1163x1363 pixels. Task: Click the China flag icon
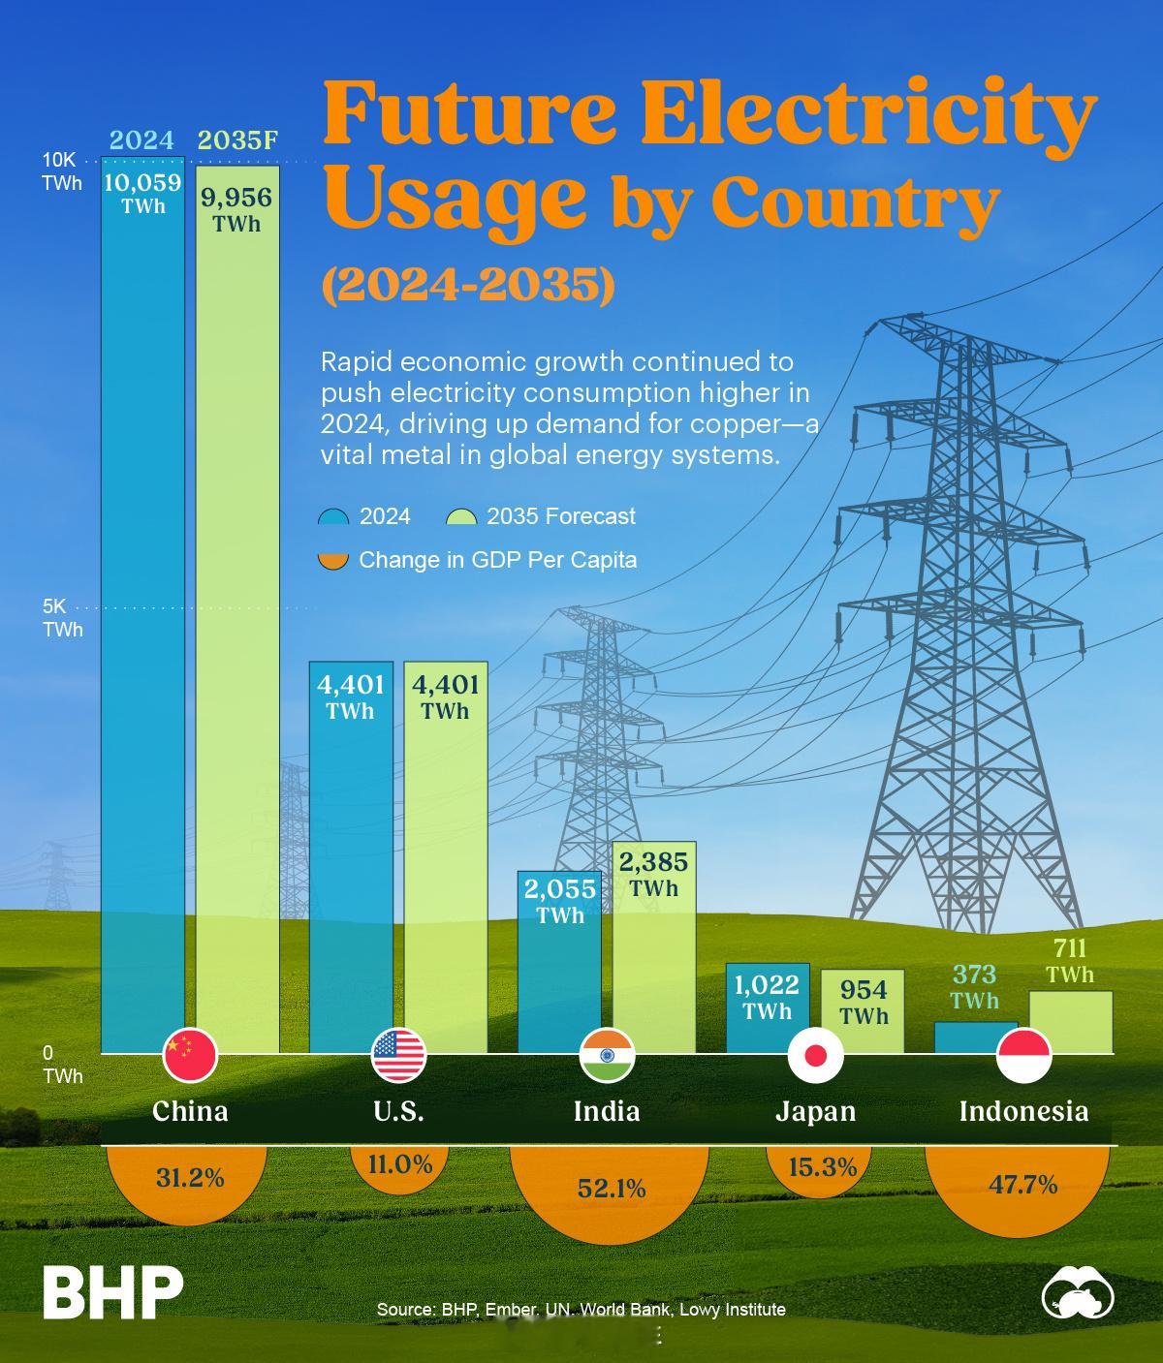pos(190,1055)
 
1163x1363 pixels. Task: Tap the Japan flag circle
pos(815,1055)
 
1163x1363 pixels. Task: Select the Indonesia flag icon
pos(1023,1055)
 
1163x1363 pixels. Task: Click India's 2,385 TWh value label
pos(653,874)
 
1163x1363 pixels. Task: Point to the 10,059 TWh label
pos(142,193)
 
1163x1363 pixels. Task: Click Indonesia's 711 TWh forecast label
pos(1069,961)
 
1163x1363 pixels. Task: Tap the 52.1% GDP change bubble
pos(611,1189)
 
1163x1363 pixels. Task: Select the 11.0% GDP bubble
pos(399,1163)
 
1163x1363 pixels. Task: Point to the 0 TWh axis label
pos(60,1064)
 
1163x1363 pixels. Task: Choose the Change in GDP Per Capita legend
pos(479,560)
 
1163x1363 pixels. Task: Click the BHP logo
pos(112,1291)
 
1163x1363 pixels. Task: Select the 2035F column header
pos(237,140)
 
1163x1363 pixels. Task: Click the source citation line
pos(581,1309)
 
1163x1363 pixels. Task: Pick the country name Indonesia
pos(1023,1110)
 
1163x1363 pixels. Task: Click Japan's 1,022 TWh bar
pos(767,1007)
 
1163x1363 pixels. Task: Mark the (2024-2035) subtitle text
pos(468,285)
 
